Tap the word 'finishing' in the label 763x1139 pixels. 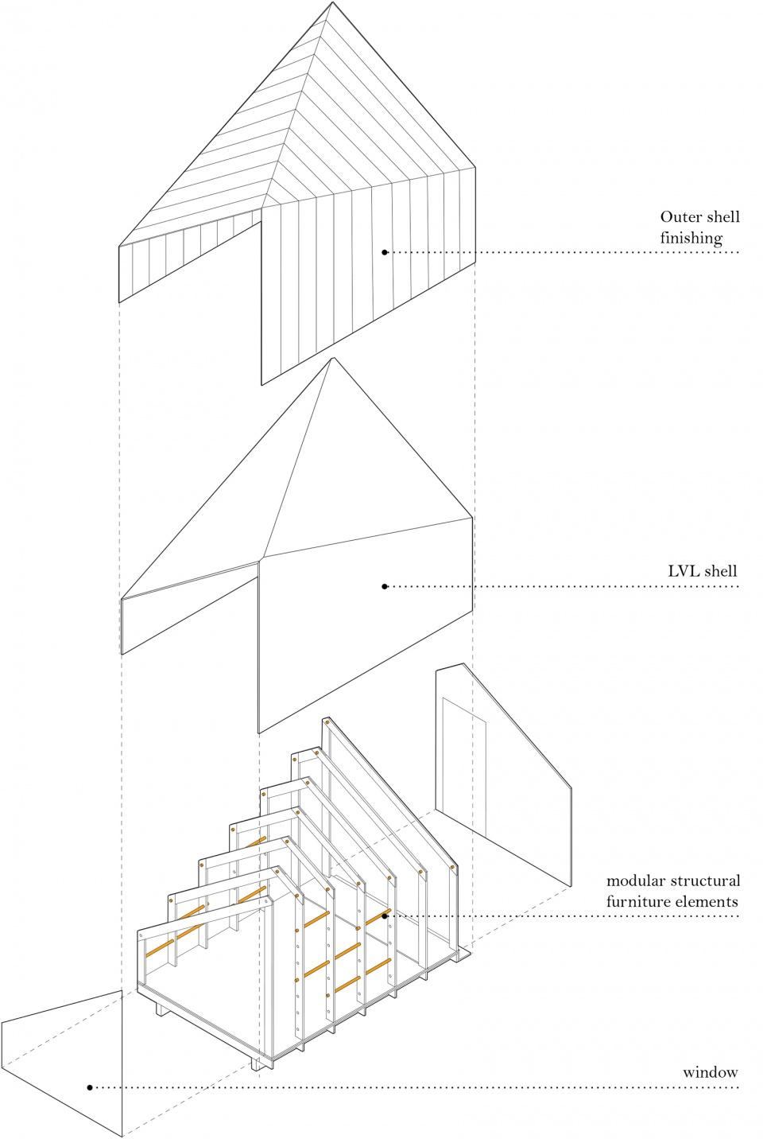point(691,238)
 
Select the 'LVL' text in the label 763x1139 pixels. point(684,570)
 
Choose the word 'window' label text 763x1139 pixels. point(710,1072)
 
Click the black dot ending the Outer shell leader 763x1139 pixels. point(385,252)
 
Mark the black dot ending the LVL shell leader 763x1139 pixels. point(385,586)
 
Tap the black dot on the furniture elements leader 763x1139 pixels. point(385,915)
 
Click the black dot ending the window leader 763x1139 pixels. point(90,1087)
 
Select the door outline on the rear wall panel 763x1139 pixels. point(464,764)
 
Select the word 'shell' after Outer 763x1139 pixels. point(721,217)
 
